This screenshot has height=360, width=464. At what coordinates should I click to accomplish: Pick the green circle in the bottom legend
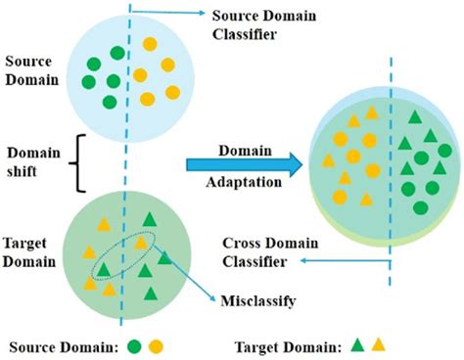133,345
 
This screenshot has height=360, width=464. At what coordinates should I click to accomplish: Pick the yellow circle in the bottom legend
156,345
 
